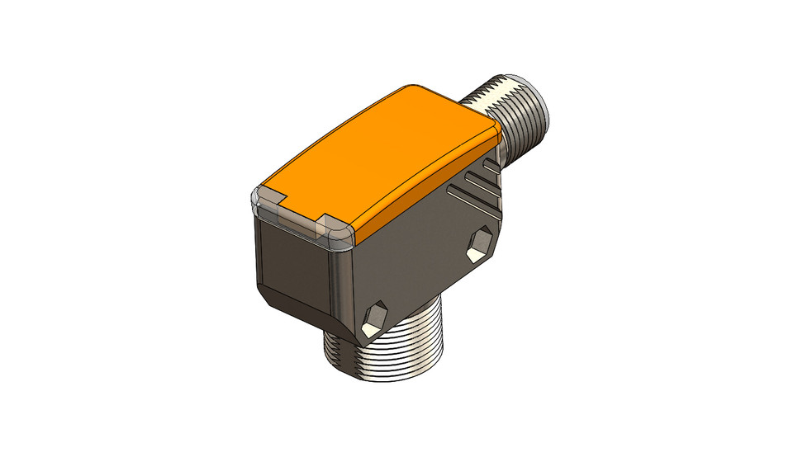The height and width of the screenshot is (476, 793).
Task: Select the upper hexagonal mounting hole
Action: click(x=478, y=245)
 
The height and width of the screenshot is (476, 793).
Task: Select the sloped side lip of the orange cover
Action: click(x=430, y=186)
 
